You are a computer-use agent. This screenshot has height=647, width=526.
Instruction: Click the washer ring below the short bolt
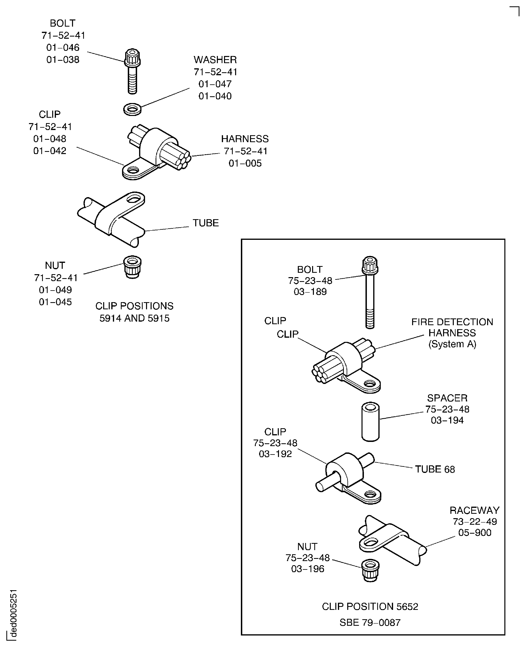pos(132,109)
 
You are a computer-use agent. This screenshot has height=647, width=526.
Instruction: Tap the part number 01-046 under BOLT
pos(63,48)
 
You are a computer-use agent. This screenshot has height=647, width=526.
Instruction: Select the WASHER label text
pos(215,60)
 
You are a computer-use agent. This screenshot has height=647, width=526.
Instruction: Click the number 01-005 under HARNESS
pos(245,163)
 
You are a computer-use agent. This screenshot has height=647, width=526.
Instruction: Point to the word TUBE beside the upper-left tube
pos(206,223)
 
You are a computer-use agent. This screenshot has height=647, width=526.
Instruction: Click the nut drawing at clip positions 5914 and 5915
pos(132,267)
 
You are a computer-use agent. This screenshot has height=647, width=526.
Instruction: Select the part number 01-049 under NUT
pos(55,290)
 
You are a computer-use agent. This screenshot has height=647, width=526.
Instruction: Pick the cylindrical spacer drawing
pos(370,421)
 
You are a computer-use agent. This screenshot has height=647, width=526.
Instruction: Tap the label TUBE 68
pos(435,469)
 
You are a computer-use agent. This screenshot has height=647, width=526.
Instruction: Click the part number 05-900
pos(474,533)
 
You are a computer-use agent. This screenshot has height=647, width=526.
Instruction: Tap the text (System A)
pos(452,344)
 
